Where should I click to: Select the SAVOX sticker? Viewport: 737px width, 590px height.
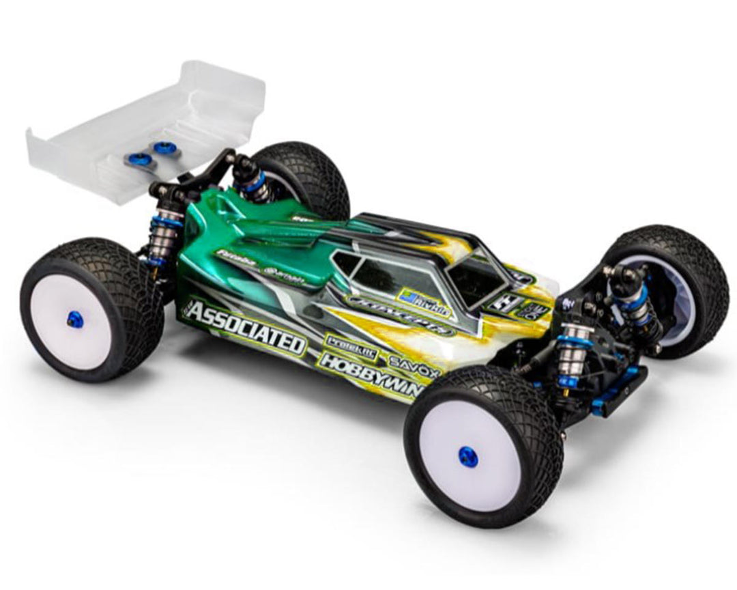tap(408, 359)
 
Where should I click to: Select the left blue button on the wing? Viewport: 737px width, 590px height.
tap(131, 158)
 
